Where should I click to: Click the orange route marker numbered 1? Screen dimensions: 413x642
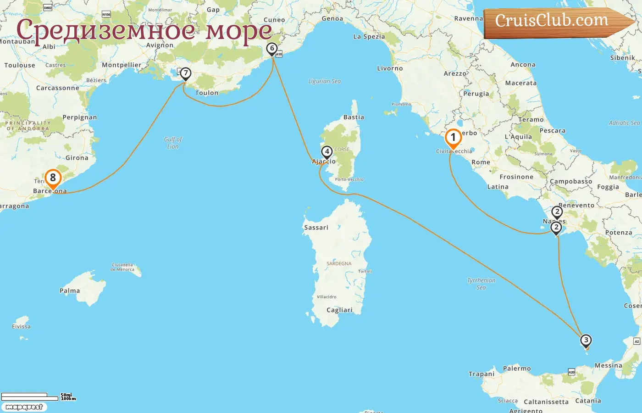pos(453,138)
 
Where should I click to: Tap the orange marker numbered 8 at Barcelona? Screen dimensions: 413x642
pos(53,178)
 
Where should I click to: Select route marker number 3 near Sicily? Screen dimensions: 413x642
pos(586,340)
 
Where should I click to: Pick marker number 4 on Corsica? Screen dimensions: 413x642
pos(327,152)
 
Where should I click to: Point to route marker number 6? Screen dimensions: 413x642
pos(272,49)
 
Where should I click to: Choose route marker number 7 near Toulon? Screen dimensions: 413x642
pos(185,73)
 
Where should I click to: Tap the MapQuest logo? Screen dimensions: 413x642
pos(24,407)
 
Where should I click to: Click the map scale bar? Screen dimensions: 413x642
pos(30,396)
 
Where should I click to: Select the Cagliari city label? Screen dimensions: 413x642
pos(339,310)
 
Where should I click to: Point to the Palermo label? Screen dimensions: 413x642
pos(517,368)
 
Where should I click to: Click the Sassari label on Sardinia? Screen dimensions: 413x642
pos(316,228)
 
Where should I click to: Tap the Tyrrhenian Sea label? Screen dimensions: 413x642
pos(481,284)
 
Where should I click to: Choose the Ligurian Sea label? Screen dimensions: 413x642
pos(324,81)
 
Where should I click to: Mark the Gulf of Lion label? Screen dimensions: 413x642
pos(173,143)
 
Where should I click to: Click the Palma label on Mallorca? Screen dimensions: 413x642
pos(70,291)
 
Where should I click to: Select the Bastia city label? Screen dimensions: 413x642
pos(354,117)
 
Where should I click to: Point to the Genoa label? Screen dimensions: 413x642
pos(332,19)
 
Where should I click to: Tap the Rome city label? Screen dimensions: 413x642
pos(481,162)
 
